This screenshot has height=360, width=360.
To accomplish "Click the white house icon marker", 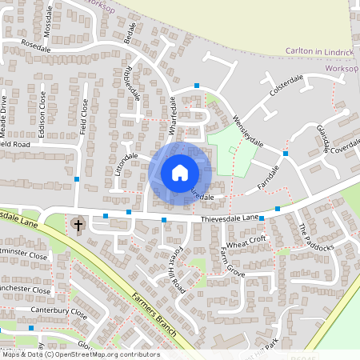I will click(180, 172).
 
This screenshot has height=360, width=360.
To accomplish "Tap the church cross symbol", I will click(78, 225).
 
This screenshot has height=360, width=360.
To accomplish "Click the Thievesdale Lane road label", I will click(230, 218).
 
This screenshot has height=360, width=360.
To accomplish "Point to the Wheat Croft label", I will click(246, 242).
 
